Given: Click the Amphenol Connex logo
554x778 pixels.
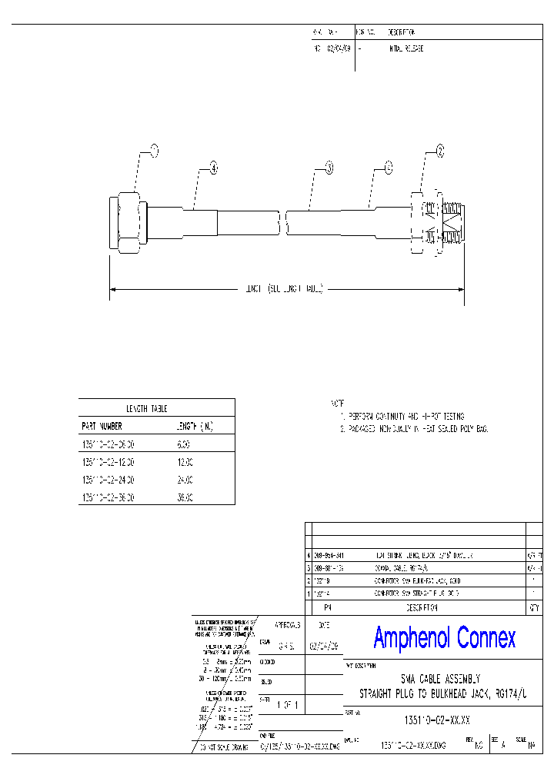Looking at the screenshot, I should click(444, 637).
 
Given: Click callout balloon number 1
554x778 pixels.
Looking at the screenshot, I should click(153, 151).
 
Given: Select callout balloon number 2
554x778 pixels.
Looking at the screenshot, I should click(440, 151).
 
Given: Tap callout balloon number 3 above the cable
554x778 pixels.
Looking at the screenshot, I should click(329, 167).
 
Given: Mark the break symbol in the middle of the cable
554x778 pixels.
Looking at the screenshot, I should click(282, 223).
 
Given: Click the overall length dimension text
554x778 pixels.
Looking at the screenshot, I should click(284, 289).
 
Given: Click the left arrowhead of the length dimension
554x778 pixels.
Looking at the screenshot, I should click(113, 289).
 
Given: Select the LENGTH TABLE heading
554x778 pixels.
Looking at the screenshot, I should click(146, 408).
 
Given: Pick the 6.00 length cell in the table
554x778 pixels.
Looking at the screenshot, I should click(184, 444).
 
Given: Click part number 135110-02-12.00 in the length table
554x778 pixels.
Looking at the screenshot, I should click(108, 461).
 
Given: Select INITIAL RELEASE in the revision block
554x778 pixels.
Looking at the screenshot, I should click(405, 48).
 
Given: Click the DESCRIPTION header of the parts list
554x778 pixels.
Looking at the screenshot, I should click(415, 607).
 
